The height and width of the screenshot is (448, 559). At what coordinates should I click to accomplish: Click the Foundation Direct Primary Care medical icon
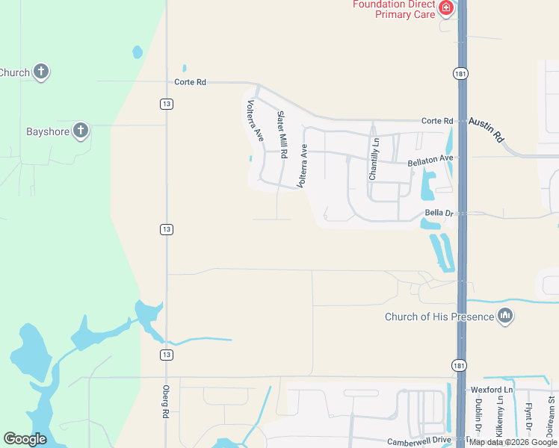[446, 8]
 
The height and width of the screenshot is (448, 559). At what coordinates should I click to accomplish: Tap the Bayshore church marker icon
[81, 132]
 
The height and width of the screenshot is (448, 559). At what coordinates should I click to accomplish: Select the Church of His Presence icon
[505, 317]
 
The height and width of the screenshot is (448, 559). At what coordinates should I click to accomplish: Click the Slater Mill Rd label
[282, 134]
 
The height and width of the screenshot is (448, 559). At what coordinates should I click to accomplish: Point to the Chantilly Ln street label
[374, 158]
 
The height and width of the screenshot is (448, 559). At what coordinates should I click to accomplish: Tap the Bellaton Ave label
[430, 160]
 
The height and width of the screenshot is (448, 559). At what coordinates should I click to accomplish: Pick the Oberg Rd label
[167, 402]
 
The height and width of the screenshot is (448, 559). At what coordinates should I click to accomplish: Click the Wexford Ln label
[491, 390]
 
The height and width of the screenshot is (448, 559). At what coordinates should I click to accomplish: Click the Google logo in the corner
[25, 439]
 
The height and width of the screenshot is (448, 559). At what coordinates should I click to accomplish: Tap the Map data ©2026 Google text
[513, 442]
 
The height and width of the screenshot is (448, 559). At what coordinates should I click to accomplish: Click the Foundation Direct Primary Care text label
[395, 9]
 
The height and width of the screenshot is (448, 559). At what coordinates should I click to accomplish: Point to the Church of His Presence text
[439, 317]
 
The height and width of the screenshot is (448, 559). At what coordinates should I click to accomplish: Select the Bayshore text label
[48, 132]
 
